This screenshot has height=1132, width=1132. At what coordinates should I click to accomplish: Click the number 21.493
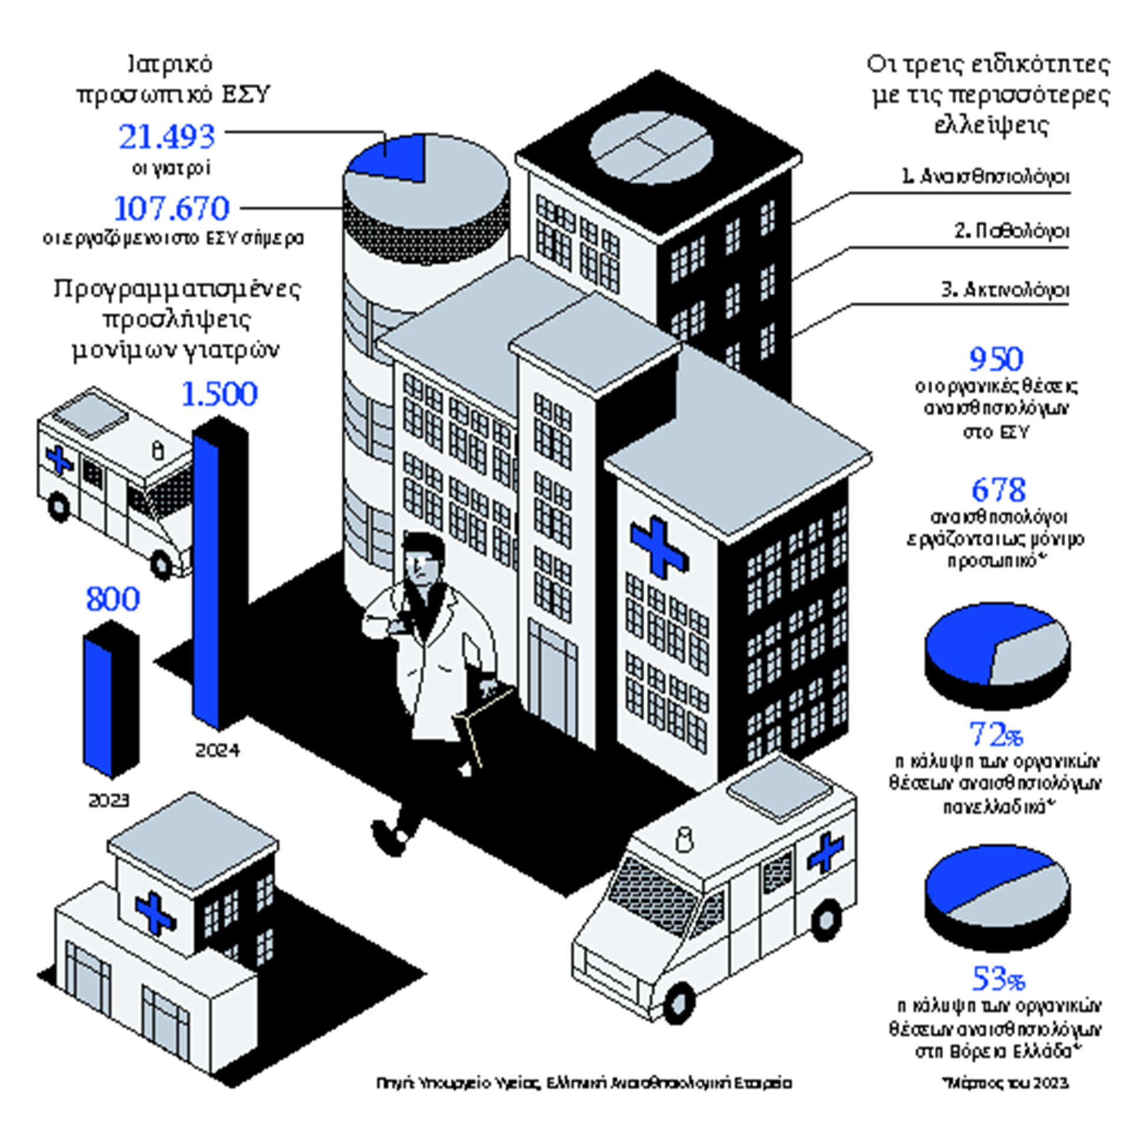[x=167, y=137]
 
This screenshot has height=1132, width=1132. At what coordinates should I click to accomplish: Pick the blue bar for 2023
[x=97, y=705]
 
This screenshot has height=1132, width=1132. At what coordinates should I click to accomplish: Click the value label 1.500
[x=219, y=394]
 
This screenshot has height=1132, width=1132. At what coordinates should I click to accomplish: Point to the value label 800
[x=113, y=599]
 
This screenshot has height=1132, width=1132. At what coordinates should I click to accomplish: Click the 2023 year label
[x=108, y=801]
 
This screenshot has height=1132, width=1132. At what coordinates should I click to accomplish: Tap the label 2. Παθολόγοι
[x=1012, y=231]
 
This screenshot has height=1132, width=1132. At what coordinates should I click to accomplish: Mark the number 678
[x=998, y=489]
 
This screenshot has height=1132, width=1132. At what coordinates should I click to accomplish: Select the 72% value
[x=996, y=735]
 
